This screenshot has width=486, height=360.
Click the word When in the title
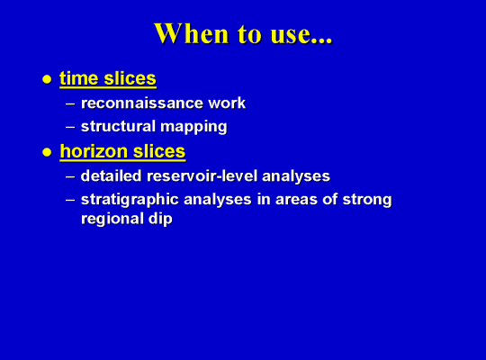[191, 33]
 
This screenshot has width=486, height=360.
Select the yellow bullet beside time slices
[47, 79]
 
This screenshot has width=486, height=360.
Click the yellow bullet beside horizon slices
[47, 152]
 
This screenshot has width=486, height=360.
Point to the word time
[78, 78]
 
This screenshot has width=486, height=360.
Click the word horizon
[94, 151]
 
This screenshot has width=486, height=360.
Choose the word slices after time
[130, 78]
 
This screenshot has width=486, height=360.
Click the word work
[227, 103]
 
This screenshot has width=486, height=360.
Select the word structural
[118, 127]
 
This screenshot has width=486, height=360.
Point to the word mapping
[194, 128]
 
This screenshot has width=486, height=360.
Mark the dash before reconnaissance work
[70, 103]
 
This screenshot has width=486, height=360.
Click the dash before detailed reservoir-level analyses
[70, 176]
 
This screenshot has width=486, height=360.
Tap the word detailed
[112, 175]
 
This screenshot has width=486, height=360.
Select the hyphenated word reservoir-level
[202, 175]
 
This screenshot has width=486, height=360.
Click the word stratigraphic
[130, 200]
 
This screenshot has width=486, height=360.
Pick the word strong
[367, 200]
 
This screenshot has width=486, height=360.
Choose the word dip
[160, 220]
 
